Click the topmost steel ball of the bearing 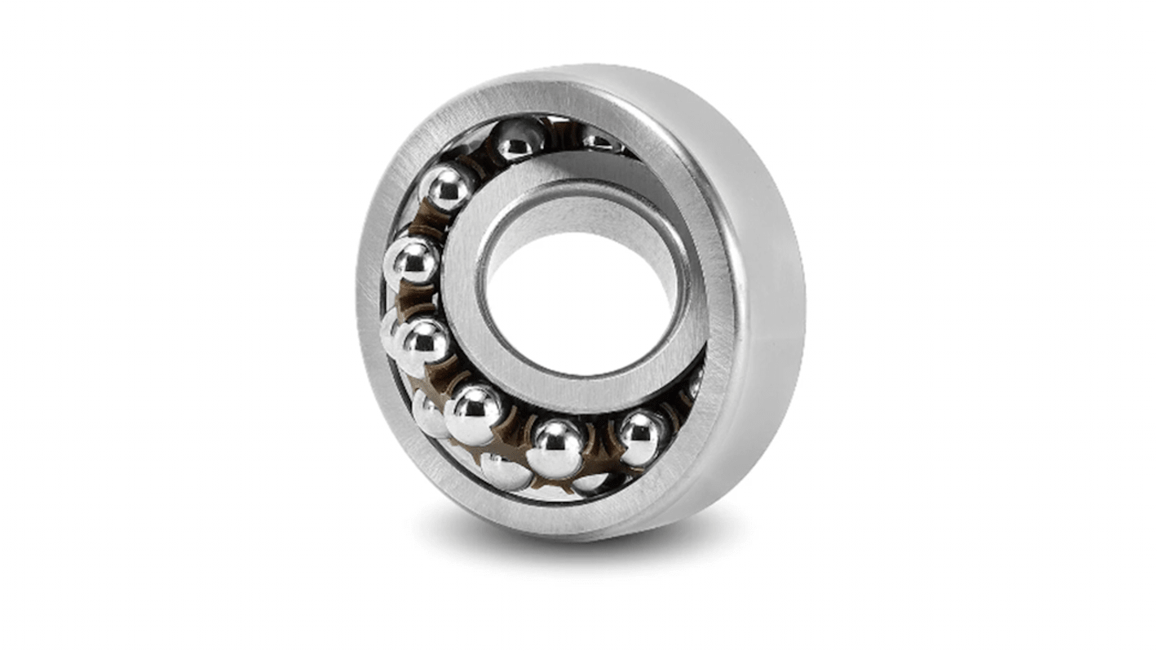tap(519, 139)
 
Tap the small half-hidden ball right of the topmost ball tap(602, 141)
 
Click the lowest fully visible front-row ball tap(556, 448)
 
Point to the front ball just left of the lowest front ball tap(474, 414)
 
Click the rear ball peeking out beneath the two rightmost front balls tap(590, 482)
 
